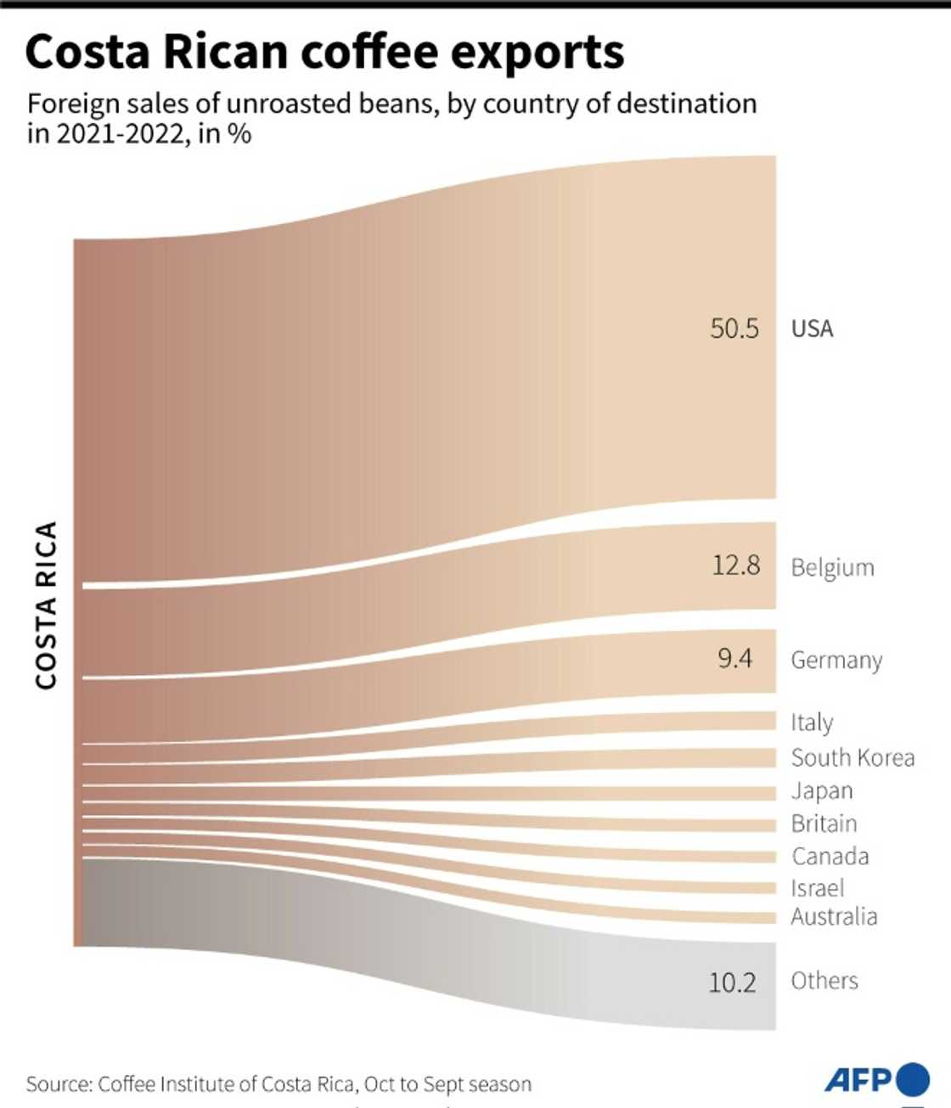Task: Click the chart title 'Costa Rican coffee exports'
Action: click(324, 53)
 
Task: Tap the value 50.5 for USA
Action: click(734, 329)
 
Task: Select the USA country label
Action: click(812, 329)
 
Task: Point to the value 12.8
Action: click(735, 565)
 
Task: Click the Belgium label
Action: click(832, 567)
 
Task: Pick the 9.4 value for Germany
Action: click(734, 658)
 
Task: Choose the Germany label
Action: click(836, 660)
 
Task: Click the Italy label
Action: click(812, 723)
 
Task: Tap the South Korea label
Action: click(853, 757)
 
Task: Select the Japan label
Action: click(821, 790)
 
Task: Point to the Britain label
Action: click(824, 824)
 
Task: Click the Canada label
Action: click(830, 856)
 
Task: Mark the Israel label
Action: click(817, 888)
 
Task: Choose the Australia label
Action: click(834, 917)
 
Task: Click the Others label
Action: click(824, 981)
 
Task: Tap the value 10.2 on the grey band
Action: click(732, 982)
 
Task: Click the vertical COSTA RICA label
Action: click(46, 605)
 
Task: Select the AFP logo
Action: click(876, 1079)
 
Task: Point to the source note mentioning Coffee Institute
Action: click(279, 1084)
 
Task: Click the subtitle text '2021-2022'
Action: click(121, 134)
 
